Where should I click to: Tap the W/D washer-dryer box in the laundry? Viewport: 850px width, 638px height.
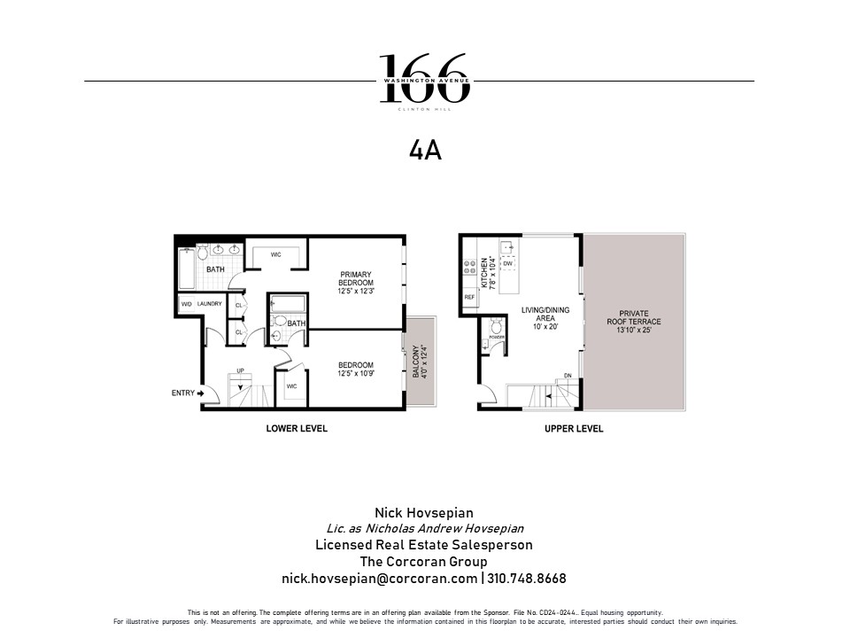[x=186, y=304]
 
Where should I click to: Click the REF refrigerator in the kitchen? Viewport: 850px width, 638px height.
[x=469, y=297]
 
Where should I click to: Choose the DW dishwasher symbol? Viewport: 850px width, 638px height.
[x=507, y=264]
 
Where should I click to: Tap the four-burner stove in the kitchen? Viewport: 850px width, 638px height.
[x=467, y=264]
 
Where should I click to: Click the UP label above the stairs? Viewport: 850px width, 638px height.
[x=239, y=371]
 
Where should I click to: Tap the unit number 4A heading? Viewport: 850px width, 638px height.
[x=425, y=152]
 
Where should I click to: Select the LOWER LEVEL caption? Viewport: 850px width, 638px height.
[x=297, y=429]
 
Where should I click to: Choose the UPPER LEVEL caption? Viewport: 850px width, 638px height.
[x=574, y=429]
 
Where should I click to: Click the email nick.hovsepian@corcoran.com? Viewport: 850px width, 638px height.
[x=379, y=578]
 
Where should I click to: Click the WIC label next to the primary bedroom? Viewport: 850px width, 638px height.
[x=275, y=255]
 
